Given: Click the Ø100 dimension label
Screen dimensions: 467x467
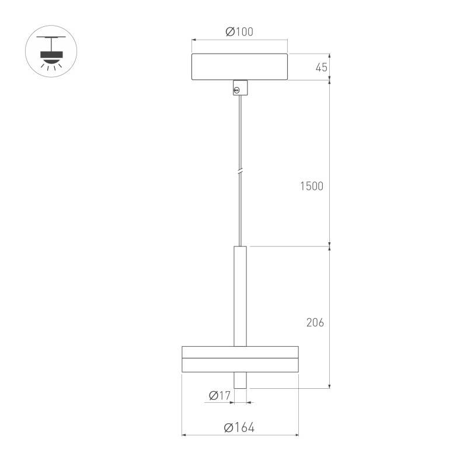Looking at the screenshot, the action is (x=239, y=32).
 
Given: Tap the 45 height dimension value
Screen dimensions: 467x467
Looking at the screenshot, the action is (x=322, y=68).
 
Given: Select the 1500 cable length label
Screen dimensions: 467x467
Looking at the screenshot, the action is (x=312, y=186).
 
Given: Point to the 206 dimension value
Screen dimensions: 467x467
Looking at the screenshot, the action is (x=315, y=323).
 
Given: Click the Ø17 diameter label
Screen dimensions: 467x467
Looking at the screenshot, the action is (x=220, y=396).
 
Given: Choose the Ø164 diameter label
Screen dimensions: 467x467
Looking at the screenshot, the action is (x=239, y=427).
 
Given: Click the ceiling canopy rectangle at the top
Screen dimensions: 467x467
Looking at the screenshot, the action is (x=239, y=67).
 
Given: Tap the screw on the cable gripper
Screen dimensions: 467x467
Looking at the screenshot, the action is (x=237, y=90).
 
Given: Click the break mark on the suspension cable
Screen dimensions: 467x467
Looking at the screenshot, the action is (x=240, y=172).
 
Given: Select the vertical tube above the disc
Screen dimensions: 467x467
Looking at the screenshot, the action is (x=240, y=296).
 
